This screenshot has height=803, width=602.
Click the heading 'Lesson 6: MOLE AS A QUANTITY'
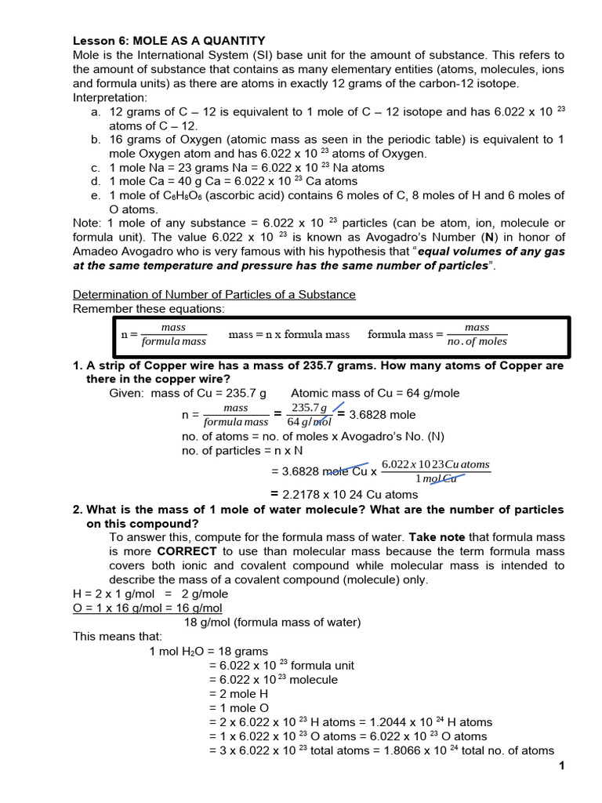(169, 41)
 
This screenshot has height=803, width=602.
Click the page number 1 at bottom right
(562, 765)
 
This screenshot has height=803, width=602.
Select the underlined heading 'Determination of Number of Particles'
(214, 295)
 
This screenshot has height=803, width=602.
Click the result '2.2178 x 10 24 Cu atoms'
(350, 494)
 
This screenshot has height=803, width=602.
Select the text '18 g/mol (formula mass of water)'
(272, 623)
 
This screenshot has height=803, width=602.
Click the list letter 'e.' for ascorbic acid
(96, 195)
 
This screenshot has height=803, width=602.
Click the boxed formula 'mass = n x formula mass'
(288, 335)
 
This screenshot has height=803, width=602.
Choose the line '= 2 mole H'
(239, 694)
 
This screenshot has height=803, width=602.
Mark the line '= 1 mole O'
(240, 708)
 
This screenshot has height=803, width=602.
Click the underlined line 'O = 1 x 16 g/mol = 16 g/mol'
(147, 609)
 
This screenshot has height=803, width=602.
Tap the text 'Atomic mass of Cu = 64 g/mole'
(375, 394)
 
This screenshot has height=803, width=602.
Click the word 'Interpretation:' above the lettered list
(110, 97)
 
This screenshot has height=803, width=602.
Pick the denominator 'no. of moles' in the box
(477, 342)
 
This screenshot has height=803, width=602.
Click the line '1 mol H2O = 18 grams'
(209, 652)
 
